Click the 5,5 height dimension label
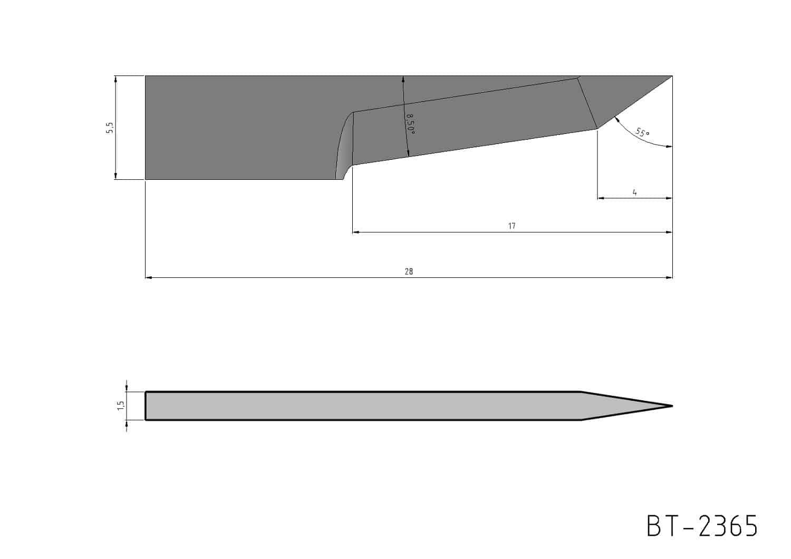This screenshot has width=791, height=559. point(110,128)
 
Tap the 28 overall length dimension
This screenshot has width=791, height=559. point(409,272)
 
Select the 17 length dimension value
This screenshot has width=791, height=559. point(512,226)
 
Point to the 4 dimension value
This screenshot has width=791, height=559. point(634,192)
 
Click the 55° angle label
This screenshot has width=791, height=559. point(642,133)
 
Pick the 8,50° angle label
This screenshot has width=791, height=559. point(410,124)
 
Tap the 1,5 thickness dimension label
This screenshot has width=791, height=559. point(121,406)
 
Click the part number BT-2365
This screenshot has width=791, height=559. point(702,526)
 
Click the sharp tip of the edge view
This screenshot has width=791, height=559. point(672,406)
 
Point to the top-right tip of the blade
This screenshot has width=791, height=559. point(672,76)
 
